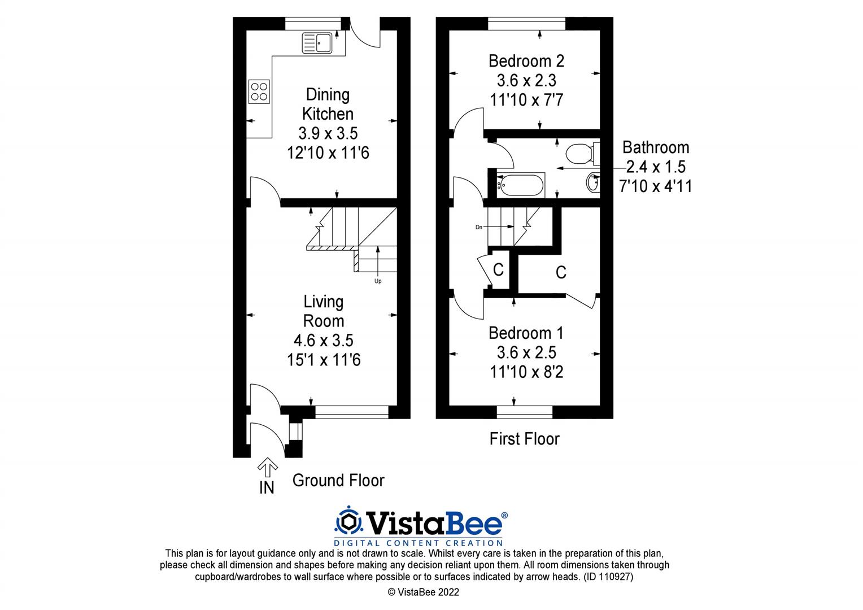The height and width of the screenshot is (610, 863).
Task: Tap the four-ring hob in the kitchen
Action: (259, 91)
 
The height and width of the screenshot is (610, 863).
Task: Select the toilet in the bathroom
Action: (580, 152)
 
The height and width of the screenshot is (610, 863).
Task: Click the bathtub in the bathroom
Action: (520, 184)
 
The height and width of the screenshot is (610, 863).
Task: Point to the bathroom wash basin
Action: (592, 183)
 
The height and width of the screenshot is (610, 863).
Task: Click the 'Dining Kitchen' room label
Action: (328, 104)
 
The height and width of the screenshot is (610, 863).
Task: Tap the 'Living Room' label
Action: (324, 311)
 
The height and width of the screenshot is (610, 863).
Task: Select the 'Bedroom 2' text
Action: (526, 61)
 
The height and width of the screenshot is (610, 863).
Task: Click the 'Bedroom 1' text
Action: (526, 333)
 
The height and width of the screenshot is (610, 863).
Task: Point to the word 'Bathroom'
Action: (655, 147)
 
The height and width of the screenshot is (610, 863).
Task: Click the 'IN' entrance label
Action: (267, 487)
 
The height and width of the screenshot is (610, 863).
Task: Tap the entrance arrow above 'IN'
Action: (267, 467)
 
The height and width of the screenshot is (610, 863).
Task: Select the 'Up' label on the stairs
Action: (378, 281)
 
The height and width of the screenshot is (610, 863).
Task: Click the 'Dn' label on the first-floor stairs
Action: (479, 227)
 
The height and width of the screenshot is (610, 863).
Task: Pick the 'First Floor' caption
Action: (524, 439)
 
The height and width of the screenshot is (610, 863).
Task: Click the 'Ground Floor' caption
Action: (338, 481)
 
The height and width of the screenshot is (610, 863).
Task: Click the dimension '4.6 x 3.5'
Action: (323, 341)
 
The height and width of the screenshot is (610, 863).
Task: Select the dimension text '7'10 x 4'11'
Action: (655, 186)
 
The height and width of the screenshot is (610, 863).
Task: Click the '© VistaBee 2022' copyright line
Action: (423, 592)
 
